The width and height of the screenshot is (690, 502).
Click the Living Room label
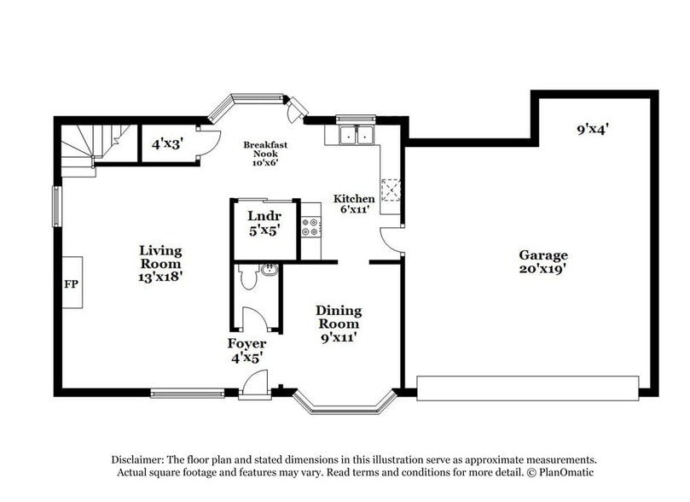160,263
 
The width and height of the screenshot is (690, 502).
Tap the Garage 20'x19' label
543,262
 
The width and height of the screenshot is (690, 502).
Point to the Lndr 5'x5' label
264,222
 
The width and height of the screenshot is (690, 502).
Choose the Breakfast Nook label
264,151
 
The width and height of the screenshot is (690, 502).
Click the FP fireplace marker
70,283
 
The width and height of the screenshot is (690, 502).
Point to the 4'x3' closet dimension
167,144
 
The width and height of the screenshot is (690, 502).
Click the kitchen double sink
355,135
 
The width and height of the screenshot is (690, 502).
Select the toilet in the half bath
249,277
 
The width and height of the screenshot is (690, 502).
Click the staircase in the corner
88,144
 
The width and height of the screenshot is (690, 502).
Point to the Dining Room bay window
345,404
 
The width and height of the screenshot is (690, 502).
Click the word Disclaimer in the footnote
141,458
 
